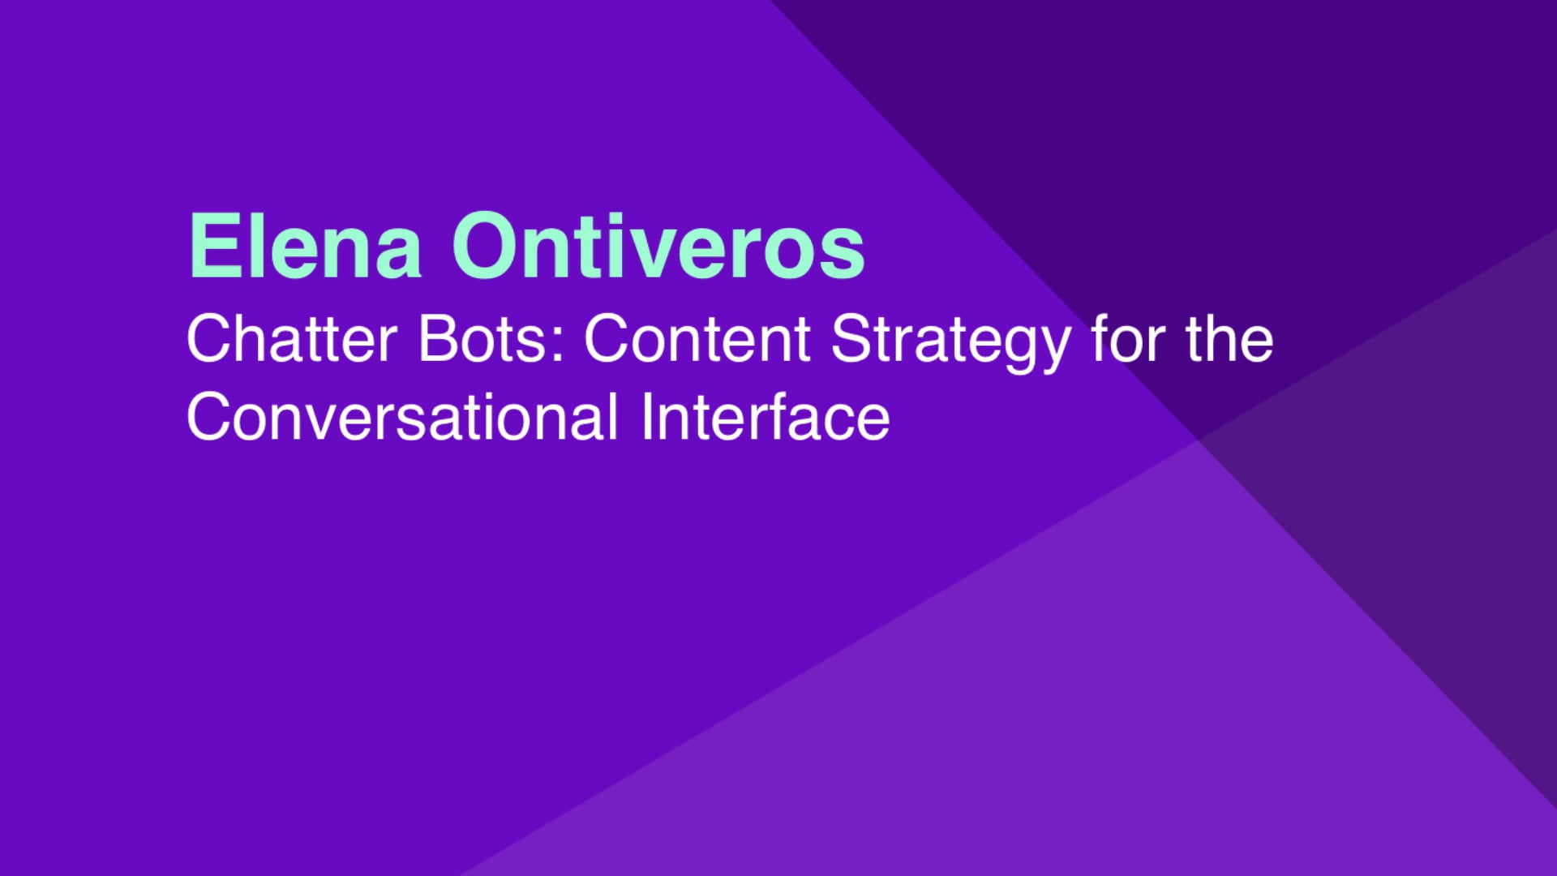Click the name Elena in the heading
pos(305,246)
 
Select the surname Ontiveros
pos(658,246)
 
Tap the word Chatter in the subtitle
pos(292,339)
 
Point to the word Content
pos(697,339)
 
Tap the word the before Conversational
pos(1229,339)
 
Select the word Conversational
pos(402,417)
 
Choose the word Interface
pos(765,417)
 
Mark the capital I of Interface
pos(646,417)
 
